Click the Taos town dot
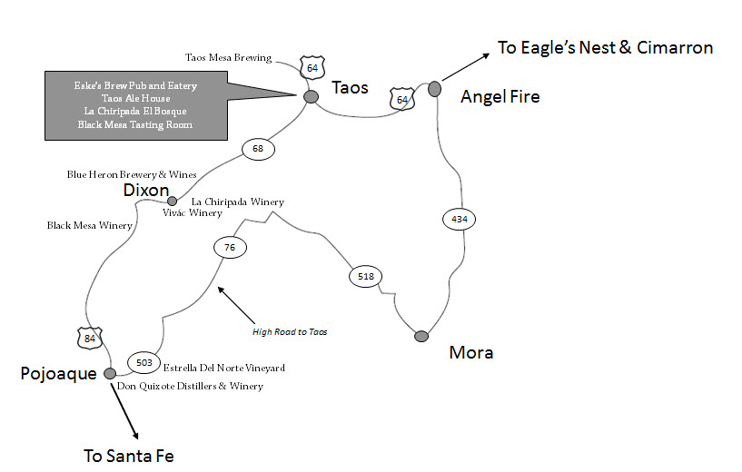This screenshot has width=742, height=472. pyautogui.click(x=311, y=96)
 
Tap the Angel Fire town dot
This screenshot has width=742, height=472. pyautogui.click(x=434, y=88)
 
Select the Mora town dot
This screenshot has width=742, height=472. pyautogui.click(x=421, y=337)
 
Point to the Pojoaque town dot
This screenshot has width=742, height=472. pyautogui.click(x=110, y=373)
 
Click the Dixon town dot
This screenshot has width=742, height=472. pyautogui.click(x=172, y=201)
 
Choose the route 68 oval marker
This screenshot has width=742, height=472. pyautogui.click(x=257, y=148)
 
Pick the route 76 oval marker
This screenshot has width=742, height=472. pyautogui.click(x=229, y=246)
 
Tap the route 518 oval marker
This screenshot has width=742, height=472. pyautogui.click(x=366, y=276)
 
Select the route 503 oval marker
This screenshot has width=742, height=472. pyautogui.click(x=143, y=363)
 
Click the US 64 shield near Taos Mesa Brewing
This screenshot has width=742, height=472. pyautogui.click(x=312, y=67)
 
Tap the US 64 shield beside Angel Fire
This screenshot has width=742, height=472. pyautogui.click(x=401, y=98)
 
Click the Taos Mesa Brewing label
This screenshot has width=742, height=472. pyautogui.click(x=228, y=58)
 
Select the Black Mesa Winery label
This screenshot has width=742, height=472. pyautogui.click(x=84, y=225)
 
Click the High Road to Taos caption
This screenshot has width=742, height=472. pyautogui.click(x=289, y=331)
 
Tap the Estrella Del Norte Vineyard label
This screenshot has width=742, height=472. pyautogui.click(x=224, y=369)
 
